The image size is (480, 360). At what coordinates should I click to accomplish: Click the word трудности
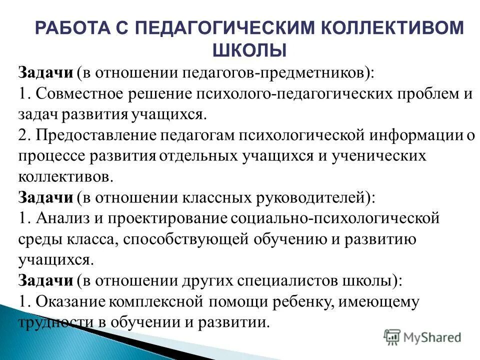[x=54, y=322]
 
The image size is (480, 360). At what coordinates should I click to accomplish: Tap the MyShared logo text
[x=432, y=337]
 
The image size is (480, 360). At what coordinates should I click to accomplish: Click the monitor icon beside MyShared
[x=392, y=337]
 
